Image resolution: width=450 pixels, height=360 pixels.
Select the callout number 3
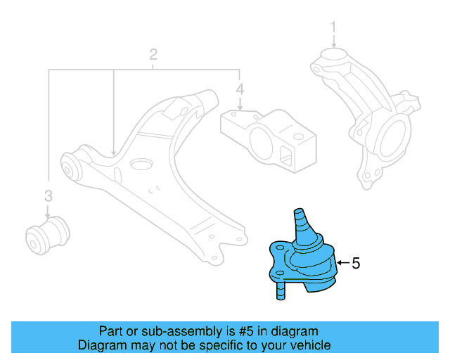click(48, 195)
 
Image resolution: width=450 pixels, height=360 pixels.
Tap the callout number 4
click(240, 89)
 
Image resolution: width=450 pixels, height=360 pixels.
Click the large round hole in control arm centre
click(141, 166)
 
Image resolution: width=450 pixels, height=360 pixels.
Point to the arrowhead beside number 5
click(340, 264)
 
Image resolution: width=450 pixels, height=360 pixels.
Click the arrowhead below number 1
click(334, 45)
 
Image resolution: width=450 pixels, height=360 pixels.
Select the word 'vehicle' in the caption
click(310, 345)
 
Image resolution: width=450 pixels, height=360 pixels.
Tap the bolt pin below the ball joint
click(279, 288)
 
